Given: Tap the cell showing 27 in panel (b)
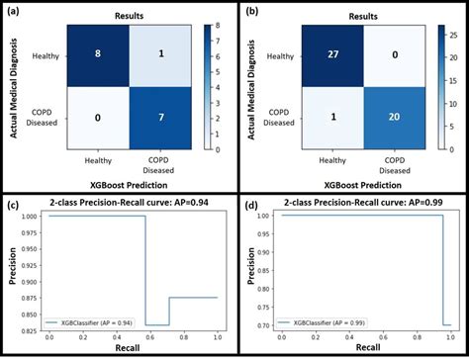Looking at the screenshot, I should pos(330,57).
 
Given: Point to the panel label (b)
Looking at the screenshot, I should pos(250,12).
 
